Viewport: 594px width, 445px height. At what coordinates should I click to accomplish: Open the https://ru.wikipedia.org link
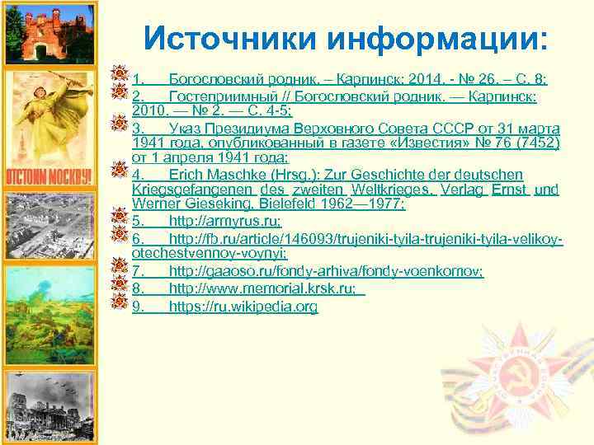tap(243, 307)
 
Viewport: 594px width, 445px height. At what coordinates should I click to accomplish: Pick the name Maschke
tap(238, 174)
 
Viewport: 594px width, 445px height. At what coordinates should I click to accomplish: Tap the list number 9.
tap(139, 307)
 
